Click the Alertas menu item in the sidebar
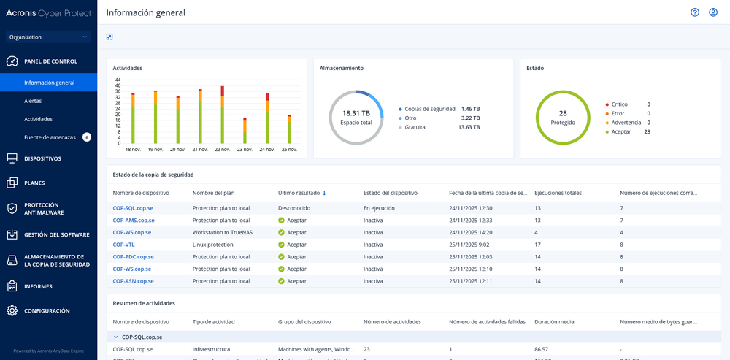coord(33,101)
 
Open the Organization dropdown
coord(48,37)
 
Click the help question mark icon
coord(695,12)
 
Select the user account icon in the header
coord(713,12)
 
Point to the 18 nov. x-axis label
coord(133,149)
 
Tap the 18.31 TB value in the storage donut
coord(356,113)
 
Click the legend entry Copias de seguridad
coord(429,109)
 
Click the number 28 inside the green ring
coord(563,113)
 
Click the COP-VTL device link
coord(123,245)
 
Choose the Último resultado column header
coord(299,193)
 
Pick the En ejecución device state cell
coord(379,208)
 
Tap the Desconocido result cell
coord(294,208)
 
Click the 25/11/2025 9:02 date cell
coord(469,245)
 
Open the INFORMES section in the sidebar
coord(38,286)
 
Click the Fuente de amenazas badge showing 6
coord(87,137)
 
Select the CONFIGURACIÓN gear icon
coord(12,310)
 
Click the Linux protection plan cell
coord(212,245)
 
